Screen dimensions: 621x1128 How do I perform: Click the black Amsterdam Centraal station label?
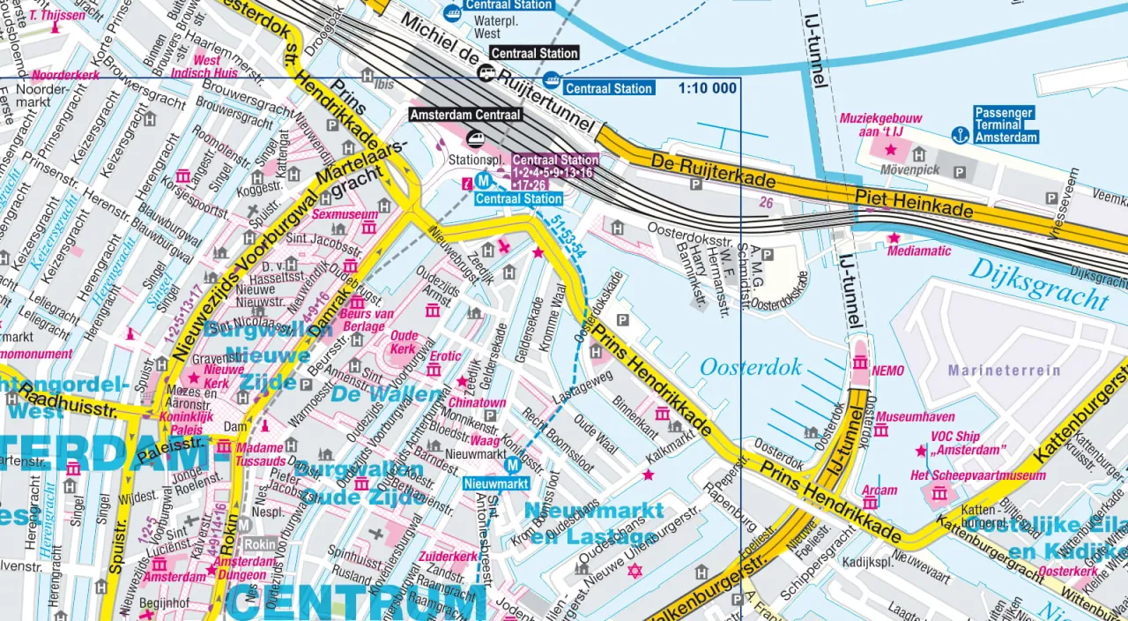[466, 115]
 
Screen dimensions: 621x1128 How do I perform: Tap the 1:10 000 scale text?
[708, 88]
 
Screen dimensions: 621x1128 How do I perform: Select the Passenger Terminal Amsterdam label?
[1006, 125]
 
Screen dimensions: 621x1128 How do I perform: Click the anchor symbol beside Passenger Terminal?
[959, 133]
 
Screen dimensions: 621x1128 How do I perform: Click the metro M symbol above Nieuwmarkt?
[512, 465]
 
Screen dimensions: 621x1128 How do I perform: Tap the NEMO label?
[887, 371]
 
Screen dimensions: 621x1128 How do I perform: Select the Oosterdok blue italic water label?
[750, 367]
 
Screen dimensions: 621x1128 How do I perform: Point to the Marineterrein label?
[1005, 370]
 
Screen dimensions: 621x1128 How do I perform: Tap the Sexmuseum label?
[345, 214]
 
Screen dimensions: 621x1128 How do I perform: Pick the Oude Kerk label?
[404, 341]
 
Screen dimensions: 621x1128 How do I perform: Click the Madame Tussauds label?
[261, 454]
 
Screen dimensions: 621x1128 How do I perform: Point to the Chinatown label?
[481, 403]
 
